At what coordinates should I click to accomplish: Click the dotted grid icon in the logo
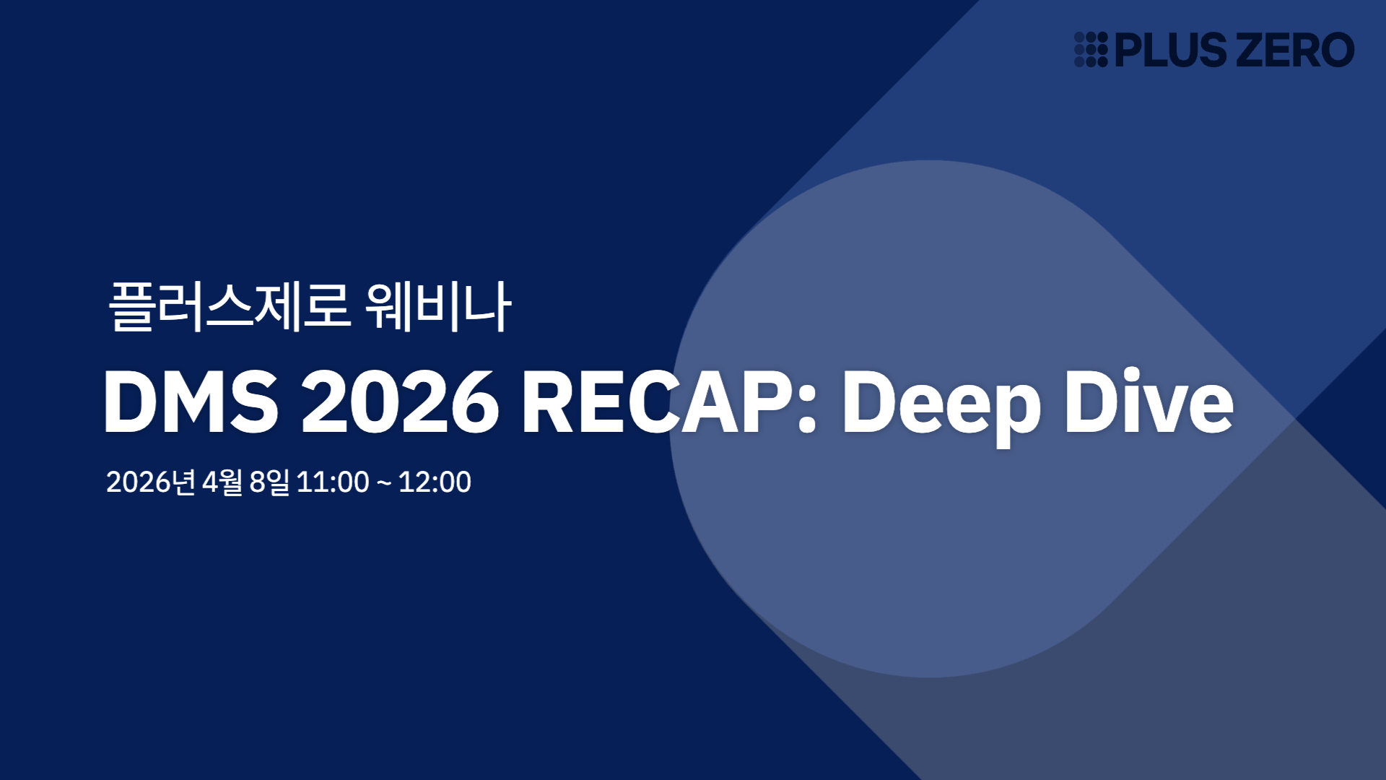pyautogui.click(x=1090, y=50)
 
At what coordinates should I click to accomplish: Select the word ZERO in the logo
pyautogui.click(x=1296, y=50)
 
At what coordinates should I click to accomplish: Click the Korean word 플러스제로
pyautogui.click(x=230, y=306)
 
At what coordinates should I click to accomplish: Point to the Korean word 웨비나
pyautogui.click(x=438, y=306)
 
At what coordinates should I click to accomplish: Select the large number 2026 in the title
pyautogui.click(x=400, y=402)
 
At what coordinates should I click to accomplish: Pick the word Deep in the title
pyautogui.click(x=941, y=402)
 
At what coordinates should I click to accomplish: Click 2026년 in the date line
pyautogui.click(x=150, y=482)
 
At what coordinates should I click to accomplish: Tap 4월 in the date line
pyautogui.click(x=222, y=482)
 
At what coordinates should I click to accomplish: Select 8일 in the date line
pyautogui.click(x=269, y=482)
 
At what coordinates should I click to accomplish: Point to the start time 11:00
pyautogui.click(x=333, y=482)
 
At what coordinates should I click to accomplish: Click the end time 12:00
pyautogui.click(x=435, y=482)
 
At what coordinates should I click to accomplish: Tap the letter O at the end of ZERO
pyautogui.click(x=1335, y=50)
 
